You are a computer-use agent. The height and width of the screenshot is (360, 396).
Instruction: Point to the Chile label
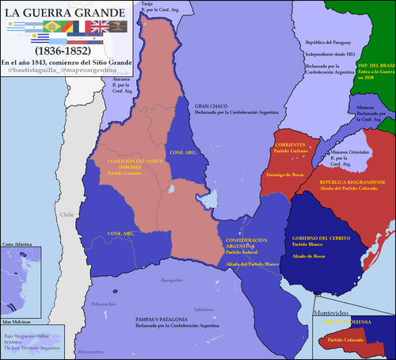67,215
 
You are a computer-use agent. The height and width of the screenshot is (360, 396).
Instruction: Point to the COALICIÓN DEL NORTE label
118,160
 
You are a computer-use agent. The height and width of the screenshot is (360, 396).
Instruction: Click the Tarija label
147,4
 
